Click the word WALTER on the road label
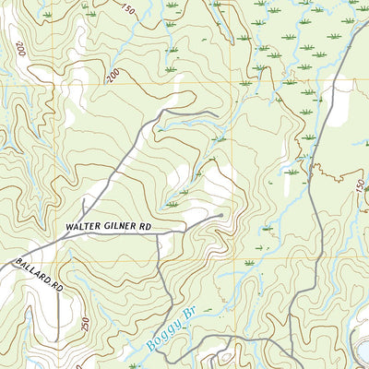(x=85, y=226)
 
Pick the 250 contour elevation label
(x=85, y=325)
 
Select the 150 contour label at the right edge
(x=360, y=184)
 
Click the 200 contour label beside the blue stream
(x=113, y=76)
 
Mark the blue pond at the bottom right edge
(x=363, y=351)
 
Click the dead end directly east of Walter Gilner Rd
(x=221, y=216)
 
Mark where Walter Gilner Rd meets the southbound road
(x=158, y=234)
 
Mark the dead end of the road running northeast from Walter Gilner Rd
(x=216, y=113)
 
